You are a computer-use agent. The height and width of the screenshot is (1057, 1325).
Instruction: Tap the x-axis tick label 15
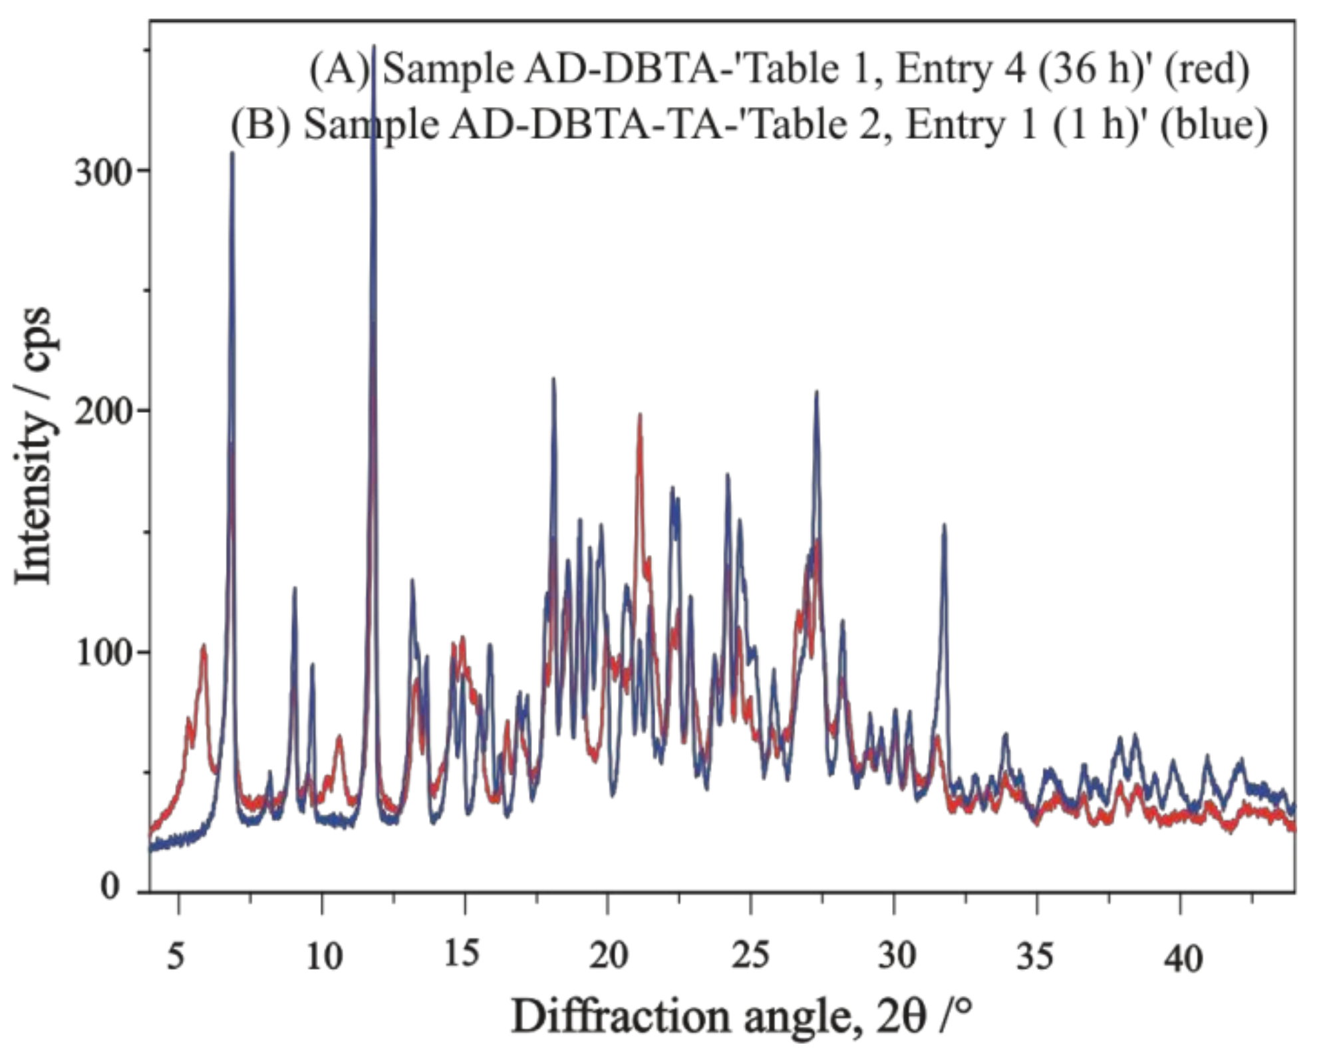point(462,954)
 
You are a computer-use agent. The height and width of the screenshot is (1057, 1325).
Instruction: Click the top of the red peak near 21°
point(639,414)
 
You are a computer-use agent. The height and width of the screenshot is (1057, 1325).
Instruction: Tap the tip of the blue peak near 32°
point(943,525)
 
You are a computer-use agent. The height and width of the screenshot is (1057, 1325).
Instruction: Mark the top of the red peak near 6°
point(204,645)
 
